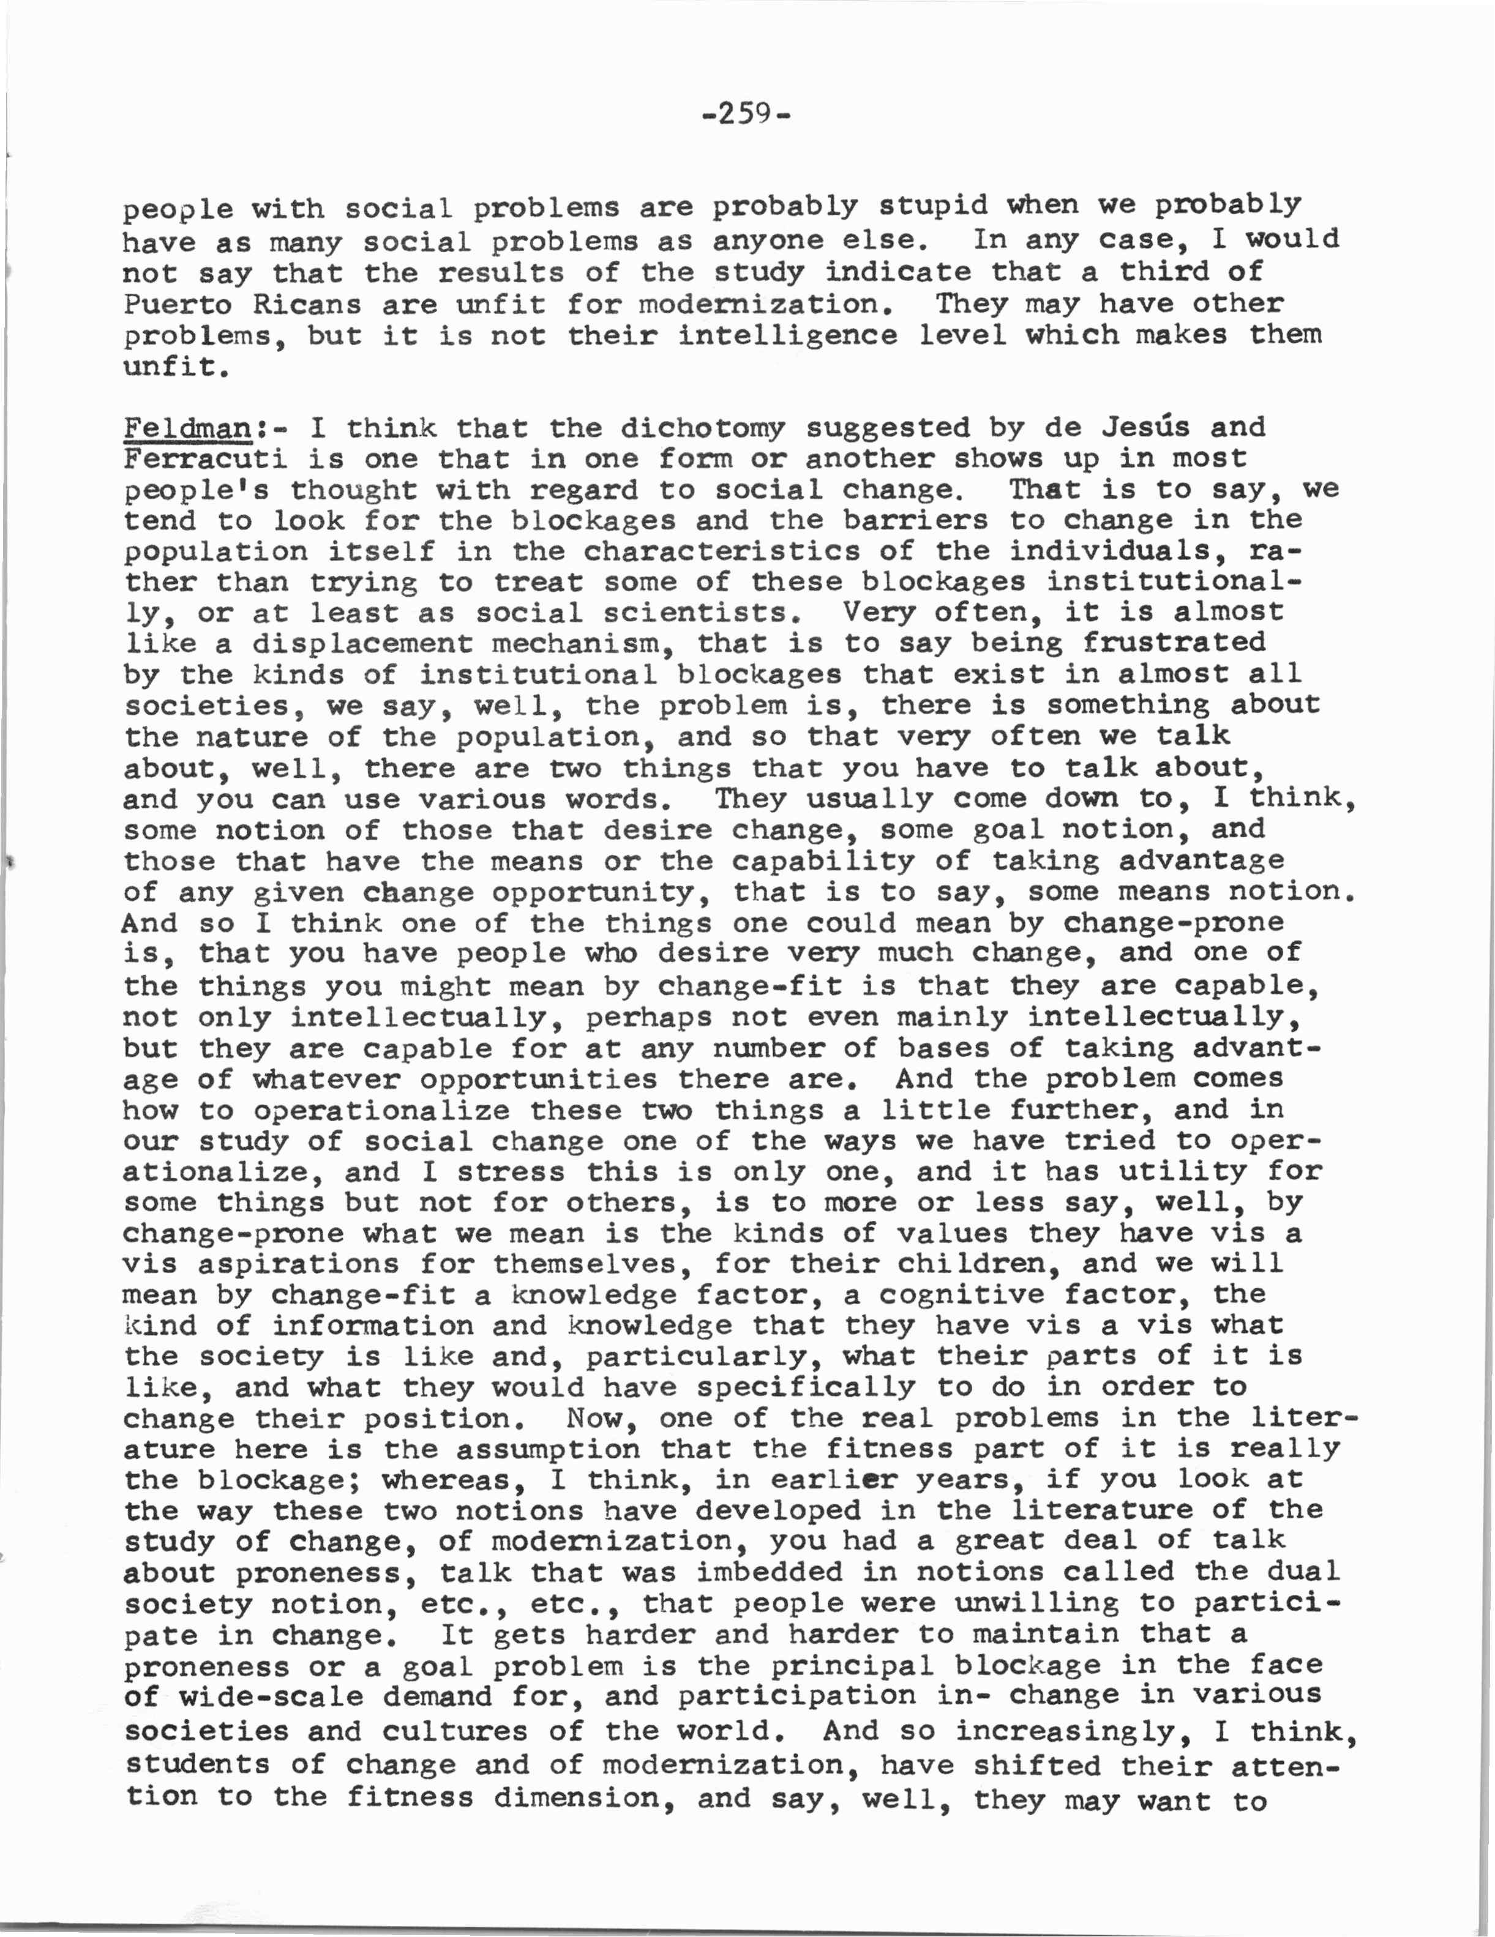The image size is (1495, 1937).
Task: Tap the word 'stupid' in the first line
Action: tap(934, 206)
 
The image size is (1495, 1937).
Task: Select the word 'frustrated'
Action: tap(1175, 641)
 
